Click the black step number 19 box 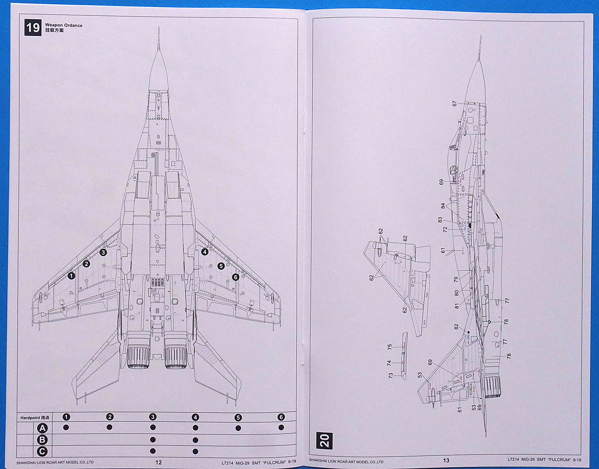(x=33, y=28)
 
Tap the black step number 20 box (x=324, y=440)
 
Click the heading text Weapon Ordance (x=64, y=25)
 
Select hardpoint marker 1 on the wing (x=71, y=276)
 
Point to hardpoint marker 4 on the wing (x=205, y=252)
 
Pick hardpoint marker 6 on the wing (x=235, y=277)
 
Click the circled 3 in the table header (x=153, y=417)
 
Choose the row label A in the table (x=42, y=428)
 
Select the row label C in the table (x=42, y=451)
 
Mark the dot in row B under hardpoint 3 (x=153, y=440)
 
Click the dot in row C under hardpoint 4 (x=196, y=451)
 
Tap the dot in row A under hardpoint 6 (x=281, y=428)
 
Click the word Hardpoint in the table (x=30, y=417)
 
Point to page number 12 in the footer (x=159, y=462)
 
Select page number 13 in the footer (x=446, y=460)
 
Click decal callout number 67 (x=454, y=103)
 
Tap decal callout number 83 (x=440, y=220)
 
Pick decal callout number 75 (x=389, y=347)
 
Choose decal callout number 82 (x=456, y=326)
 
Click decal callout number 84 (x=443, y=206)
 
